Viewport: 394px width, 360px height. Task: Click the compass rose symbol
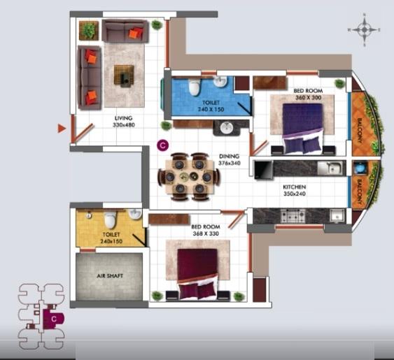coord(364,30)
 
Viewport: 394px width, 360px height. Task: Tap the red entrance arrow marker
coord(62,128)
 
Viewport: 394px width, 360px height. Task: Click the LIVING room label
coord(124,118)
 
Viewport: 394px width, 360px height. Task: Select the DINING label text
coord(229,156)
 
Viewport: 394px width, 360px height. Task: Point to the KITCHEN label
coord(295,187)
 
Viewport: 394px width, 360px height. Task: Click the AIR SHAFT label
coord(110,277)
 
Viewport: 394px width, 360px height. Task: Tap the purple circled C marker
coord(162,145)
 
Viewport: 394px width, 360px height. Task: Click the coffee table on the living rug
coord(124,72)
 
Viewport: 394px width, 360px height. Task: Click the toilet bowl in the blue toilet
coord(195,87)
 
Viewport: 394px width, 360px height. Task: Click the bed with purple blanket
coord(302,126)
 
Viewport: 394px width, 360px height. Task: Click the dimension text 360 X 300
coord(308,98)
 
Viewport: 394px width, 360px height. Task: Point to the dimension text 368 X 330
coord(205,234)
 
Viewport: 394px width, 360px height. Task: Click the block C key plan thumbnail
coord(44,316)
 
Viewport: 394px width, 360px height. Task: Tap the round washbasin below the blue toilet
coord(226,128)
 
